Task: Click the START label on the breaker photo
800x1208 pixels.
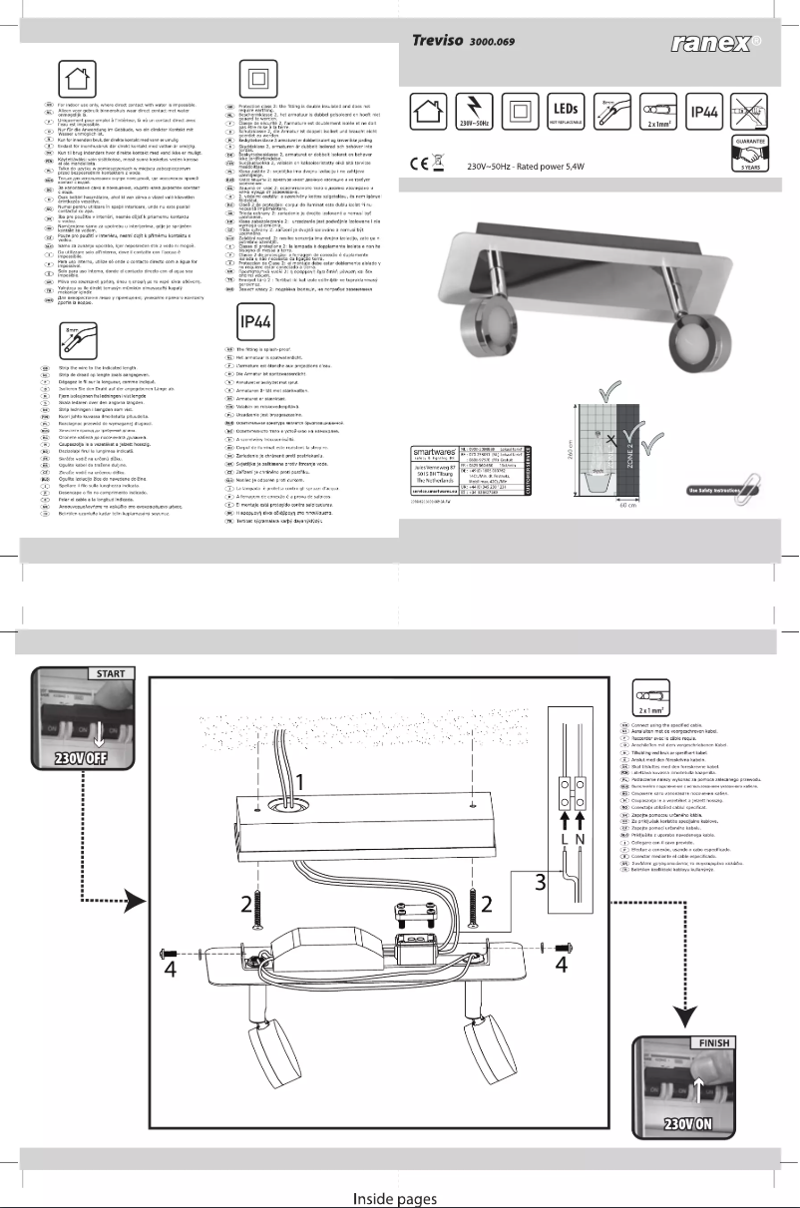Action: coord(106,674)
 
